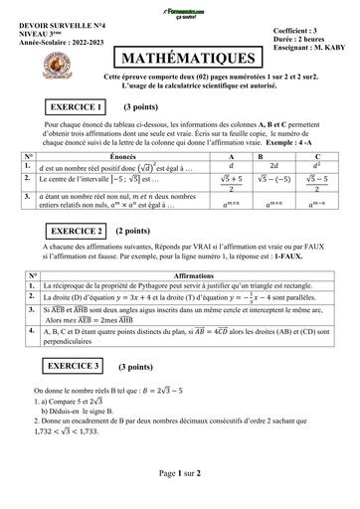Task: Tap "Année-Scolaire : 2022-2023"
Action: (67, 43)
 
